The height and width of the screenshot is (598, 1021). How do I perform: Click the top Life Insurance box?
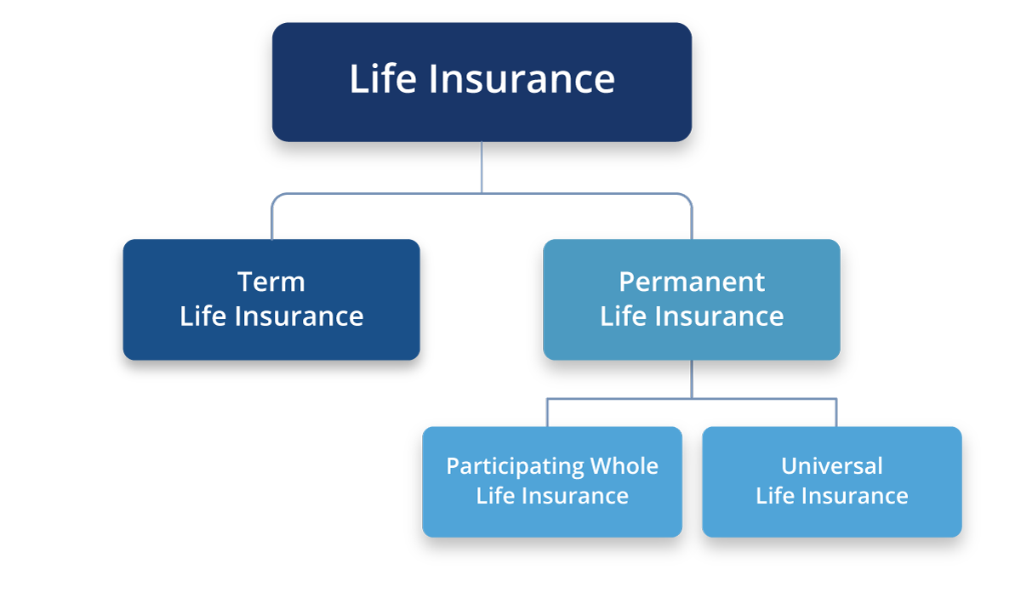pos(482,82)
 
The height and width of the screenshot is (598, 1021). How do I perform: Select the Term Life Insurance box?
pos(271,299)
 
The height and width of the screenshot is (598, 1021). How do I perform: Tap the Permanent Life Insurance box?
pos(692,299)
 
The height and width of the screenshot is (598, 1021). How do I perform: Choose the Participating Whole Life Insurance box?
pos(552,481)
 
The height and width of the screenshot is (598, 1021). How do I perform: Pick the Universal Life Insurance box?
pos(832,481)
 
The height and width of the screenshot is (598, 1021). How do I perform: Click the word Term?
pos(271,282)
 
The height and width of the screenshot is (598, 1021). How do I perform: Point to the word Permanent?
pos(692,282)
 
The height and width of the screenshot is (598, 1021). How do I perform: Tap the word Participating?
pos(515,467)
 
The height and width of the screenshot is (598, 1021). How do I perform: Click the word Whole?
pos(625,466)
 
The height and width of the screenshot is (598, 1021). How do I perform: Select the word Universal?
pos(832,466)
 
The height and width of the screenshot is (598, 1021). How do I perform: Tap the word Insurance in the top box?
pos(522,79)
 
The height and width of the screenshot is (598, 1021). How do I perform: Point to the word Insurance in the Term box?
pos(299,316)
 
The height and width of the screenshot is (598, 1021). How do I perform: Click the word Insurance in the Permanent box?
pos(719,316)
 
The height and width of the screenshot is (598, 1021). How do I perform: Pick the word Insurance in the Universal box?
pos(854,496)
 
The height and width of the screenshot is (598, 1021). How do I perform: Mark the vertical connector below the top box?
pos(482,168)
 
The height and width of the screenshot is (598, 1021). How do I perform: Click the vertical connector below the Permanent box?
pos(692,379)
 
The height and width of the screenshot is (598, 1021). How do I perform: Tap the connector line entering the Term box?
pos(272,217)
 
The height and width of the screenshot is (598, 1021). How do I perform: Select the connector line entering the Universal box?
pos(836,413)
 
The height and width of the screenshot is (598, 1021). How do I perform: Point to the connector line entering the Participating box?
pos(547,413)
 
